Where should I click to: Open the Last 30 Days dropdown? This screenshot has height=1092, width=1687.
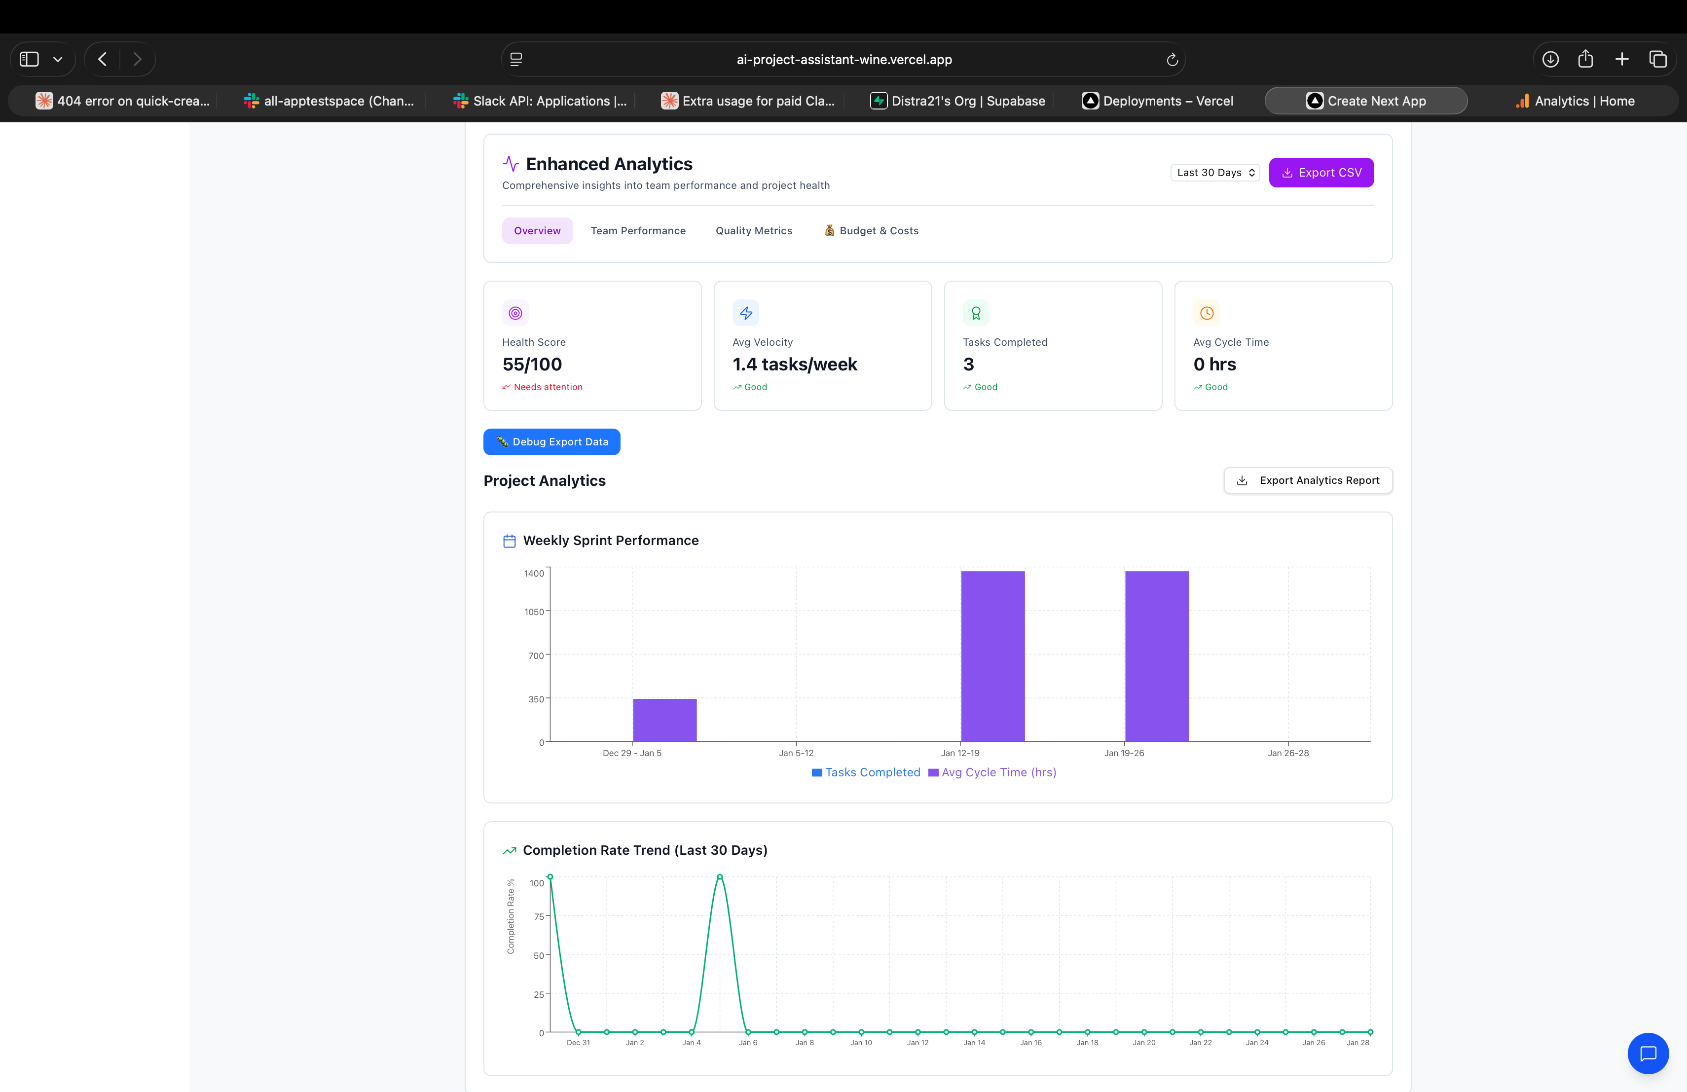[x=1214, y=172]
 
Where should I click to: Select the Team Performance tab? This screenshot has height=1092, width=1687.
[x=638, y=230]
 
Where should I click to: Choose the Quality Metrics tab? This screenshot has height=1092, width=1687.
[x=754, y=230]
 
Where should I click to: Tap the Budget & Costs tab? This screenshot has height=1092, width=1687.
[x=871, y=230]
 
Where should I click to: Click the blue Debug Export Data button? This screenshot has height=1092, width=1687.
[x=551, y=441]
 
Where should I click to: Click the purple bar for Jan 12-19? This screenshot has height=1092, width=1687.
[x=992, y=655]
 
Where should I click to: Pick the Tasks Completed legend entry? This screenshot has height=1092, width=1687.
[x=866, y=772]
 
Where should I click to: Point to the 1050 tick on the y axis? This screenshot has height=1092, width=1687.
[x=534, y=612]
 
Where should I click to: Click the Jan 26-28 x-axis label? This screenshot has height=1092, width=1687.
[x=1288, y=753]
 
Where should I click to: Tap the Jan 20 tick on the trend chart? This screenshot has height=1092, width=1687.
[x=1143, y=1042]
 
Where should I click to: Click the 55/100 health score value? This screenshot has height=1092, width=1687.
[x=532, y=364]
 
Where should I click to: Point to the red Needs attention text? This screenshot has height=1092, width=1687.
[x=547, y=387]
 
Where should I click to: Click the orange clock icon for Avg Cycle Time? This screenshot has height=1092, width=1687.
[x=1207, y=313]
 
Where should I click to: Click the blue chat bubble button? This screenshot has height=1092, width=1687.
[x=1648, y=1053]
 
